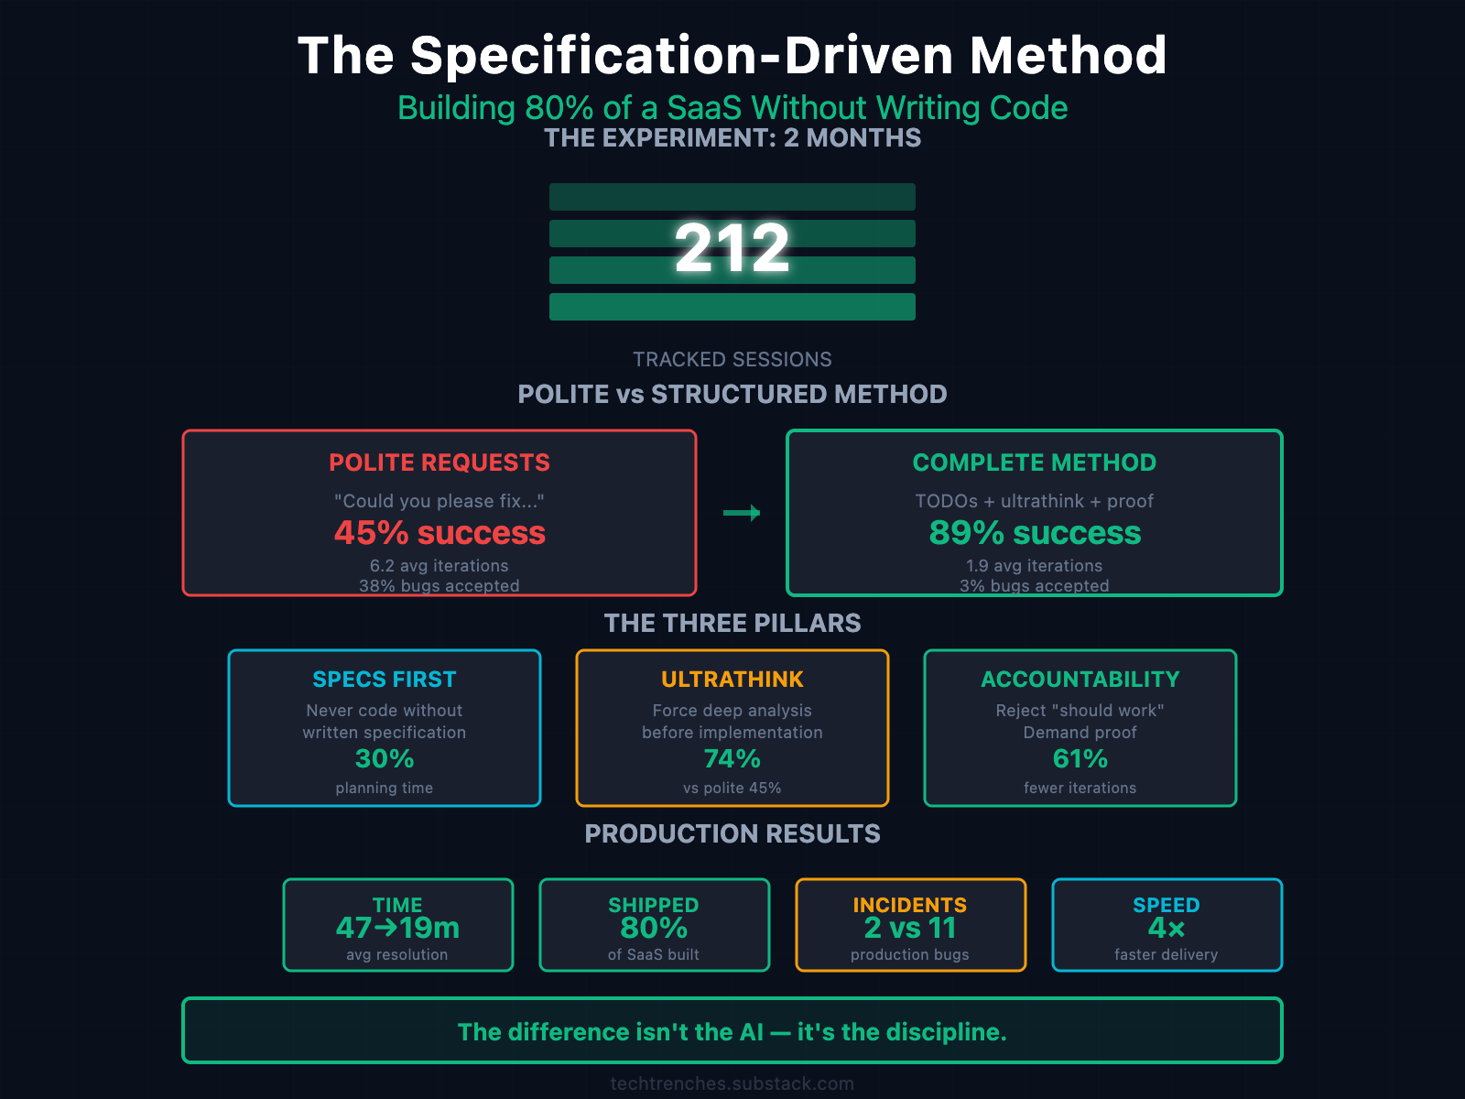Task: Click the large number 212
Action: [x=732, y=248]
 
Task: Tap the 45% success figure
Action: [x=439, y=532]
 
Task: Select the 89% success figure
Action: [x=1035, y=532]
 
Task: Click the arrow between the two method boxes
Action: [x=742, y=513]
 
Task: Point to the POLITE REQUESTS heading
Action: [x=439, y=462]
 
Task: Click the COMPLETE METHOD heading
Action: [x=1035, y=462]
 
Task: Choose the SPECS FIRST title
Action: [x=385, y=680]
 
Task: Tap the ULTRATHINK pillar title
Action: [x=732, y=680]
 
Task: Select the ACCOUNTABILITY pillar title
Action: [x=1080, y=680]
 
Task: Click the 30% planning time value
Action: [x=385, y=758]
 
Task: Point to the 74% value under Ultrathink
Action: [x=732, y=758]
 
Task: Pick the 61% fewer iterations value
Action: [x=1080, y=758]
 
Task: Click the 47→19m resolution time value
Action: [x=397, y=928]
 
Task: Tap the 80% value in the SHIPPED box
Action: [x=654, y=928]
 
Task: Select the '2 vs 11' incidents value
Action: [x=910, y=928]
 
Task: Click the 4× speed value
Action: [x=1167, y=928]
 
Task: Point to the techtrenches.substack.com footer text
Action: [x=732, y=1083]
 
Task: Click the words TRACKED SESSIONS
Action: [x=732, y=359]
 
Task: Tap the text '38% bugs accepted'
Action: [x=439, y=585]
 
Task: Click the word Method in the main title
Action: [x=1069, y=55]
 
